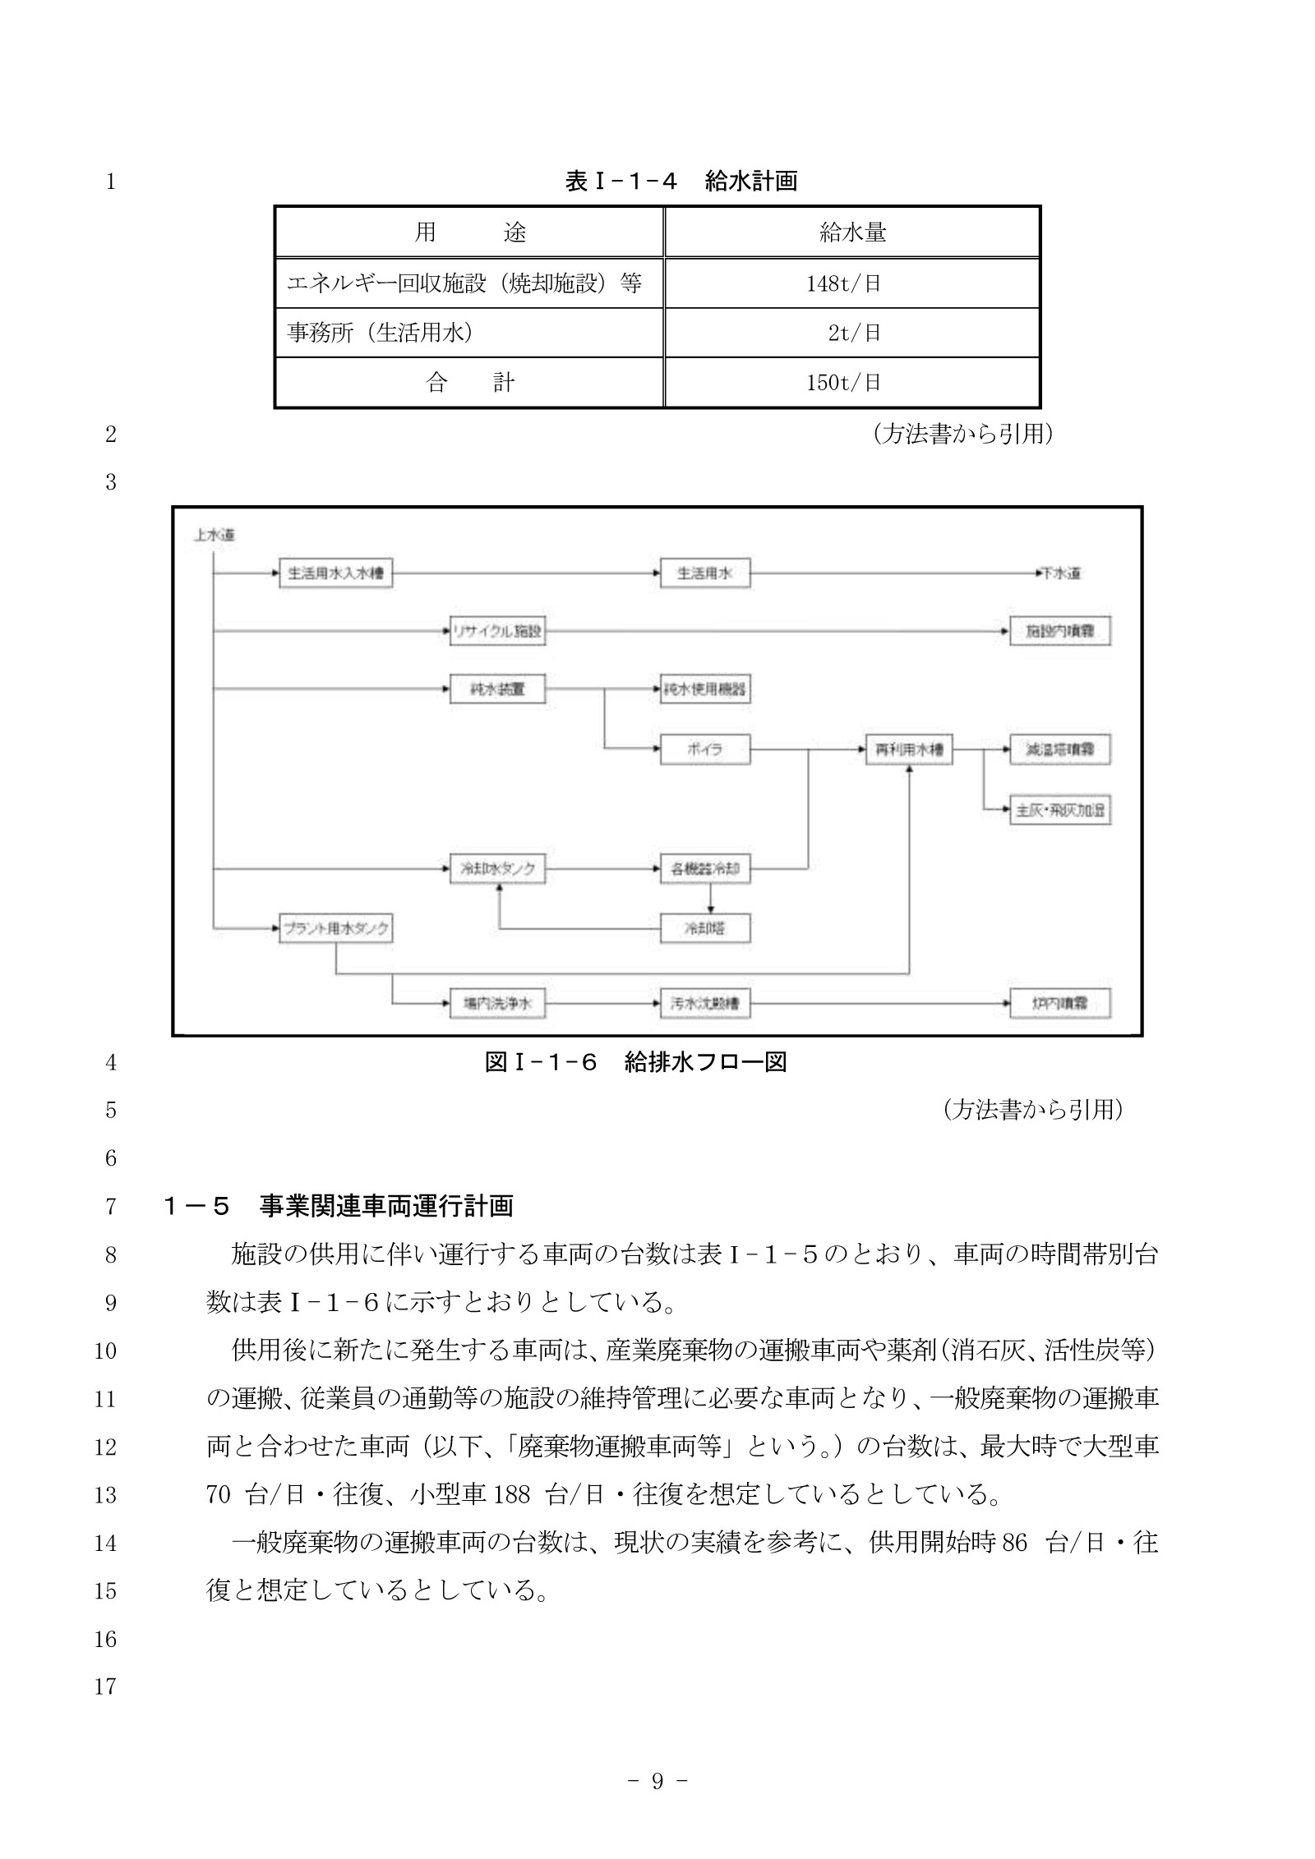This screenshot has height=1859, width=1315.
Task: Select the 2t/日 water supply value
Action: pos(853,333)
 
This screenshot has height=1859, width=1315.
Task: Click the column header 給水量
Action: pos(852,232)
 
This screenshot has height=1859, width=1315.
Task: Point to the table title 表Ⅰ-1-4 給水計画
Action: pos(681,181)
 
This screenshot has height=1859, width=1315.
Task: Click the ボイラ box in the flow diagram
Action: pos(704,749)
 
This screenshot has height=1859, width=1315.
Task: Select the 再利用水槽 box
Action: pos(908,749)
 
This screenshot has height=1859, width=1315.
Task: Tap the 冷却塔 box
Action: pos(704,929)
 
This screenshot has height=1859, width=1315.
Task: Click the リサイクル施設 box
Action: pos(497,632)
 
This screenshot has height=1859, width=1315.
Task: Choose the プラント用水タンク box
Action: pos(335,929)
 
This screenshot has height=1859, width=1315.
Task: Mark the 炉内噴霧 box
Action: pos(1059,1003)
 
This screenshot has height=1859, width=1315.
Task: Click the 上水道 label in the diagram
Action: pos(214,535)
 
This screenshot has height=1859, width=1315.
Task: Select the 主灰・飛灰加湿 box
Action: pos(1059,811)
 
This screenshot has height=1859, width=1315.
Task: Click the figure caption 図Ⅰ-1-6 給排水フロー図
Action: pos(635,1062)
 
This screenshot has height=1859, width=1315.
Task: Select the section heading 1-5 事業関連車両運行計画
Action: pos(338,1206)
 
